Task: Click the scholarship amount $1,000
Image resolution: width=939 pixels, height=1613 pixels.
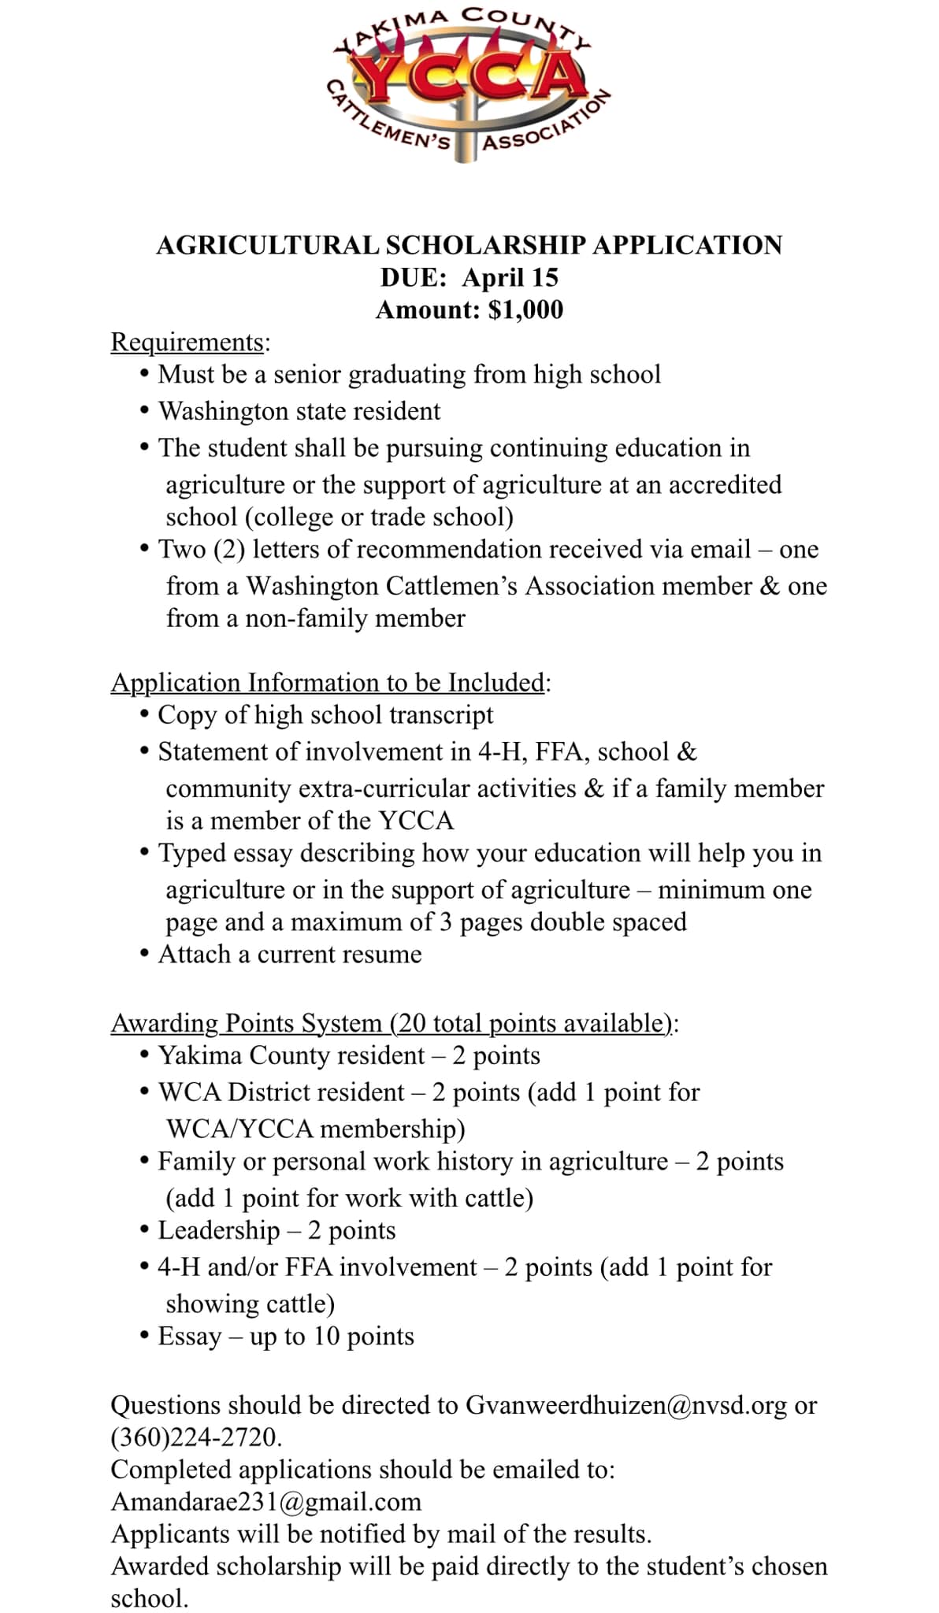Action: (525, 310)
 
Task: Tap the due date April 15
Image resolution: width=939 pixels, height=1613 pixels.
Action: (510, 277)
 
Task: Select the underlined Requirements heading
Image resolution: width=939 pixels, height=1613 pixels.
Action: (187, 342)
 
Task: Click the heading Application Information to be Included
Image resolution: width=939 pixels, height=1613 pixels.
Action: (328, 682)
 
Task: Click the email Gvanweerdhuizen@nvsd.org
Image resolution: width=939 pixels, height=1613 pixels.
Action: (625, 1404)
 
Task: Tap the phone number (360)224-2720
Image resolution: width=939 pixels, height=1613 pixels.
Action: (195, 1437)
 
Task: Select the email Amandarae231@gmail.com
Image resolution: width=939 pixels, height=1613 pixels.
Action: (266, 1501)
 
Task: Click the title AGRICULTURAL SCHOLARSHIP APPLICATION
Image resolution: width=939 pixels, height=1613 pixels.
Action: (469, 245)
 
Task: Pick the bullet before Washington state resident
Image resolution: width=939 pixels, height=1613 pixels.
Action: (144, 411)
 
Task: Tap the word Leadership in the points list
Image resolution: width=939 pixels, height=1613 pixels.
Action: (219, 1229)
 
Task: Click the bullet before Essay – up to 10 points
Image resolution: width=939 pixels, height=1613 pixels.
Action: (144, 1336)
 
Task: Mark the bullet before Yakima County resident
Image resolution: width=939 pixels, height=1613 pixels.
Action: (144, 1055)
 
